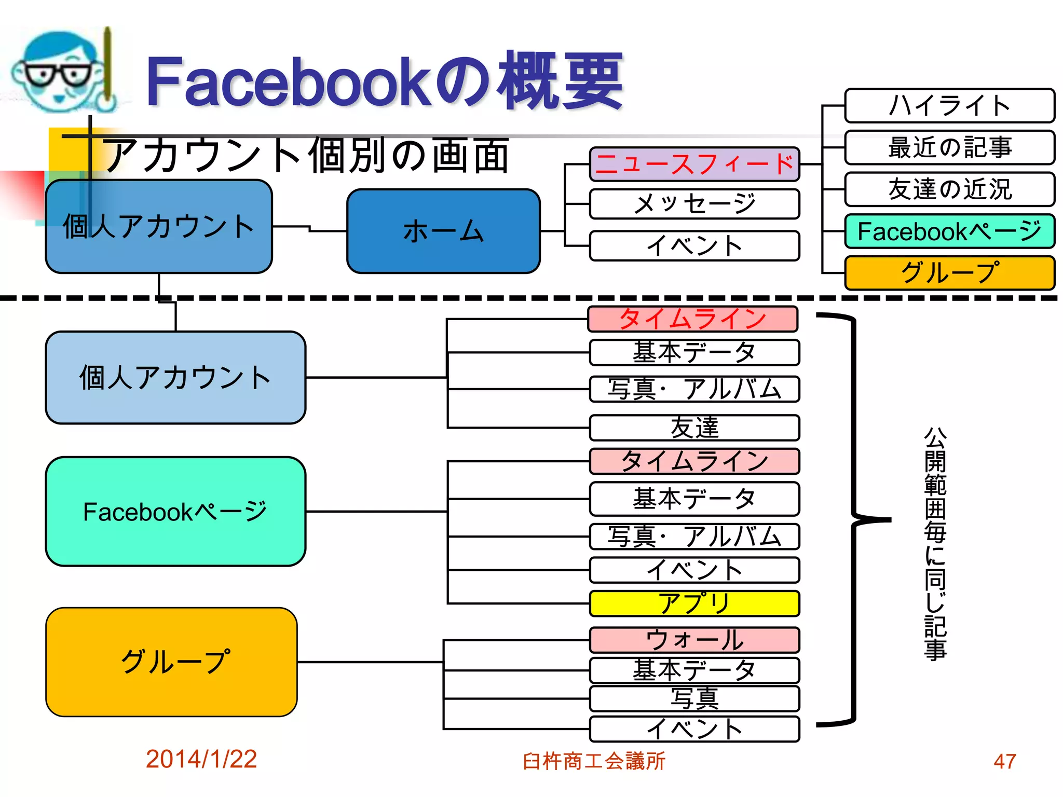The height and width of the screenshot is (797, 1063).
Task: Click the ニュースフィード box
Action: (x=694, y=164)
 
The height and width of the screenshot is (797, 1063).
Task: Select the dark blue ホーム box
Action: (x=443, y=231)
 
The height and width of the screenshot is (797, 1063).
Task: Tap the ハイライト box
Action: (x=949, y=105)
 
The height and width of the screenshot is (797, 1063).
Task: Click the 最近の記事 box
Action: (x=949, y=147)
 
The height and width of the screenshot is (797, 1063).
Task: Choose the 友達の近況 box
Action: (x=949, y=189)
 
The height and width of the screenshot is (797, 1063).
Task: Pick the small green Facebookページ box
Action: (x=949, y=231)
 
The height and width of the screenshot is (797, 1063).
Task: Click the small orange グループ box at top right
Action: (x=949, y=273)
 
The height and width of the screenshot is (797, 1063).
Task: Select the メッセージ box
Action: (x=694, y=204)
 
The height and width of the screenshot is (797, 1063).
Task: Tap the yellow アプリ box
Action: (x=694, y=603)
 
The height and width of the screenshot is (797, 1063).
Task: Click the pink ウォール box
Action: (x=694, y=640)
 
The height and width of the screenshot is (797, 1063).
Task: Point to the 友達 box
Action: (x=694, y=428)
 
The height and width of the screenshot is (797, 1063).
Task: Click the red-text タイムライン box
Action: (x=692, y=319)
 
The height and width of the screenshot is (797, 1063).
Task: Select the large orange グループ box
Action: (x=171, y=662)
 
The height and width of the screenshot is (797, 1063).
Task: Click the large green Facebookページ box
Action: (x=175, y=512)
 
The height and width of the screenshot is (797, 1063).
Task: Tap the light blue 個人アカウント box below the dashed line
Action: (x=175, y=378)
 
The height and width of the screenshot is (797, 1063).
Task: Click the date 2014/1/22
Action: (x=201, y=759)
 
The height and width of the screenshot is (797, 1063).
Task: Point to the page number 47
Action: (x=1004, y=761)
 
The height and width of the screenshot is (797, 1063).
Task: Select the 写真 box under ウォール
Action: (x=694, y=698)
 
